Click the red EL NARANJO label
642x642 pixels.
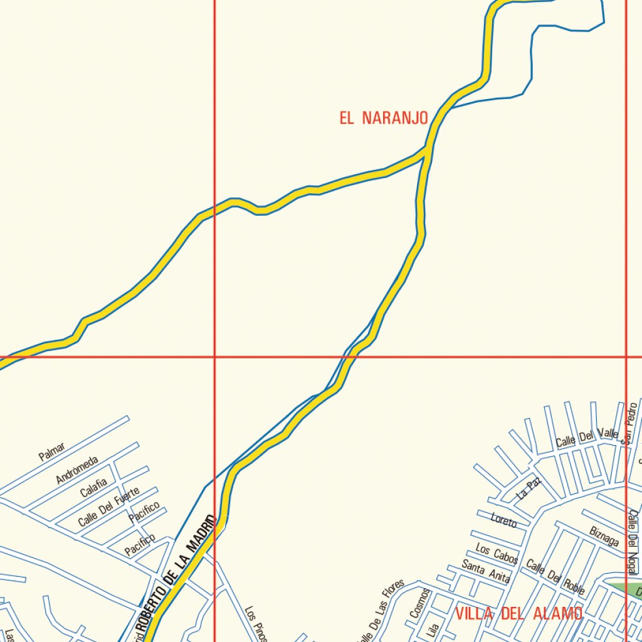point(384,118)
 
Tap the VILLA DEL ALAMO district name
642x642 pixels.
point(518,613)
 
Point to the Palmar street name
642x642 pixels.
point(51,451)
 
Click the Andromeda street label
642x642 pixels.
point(76,470)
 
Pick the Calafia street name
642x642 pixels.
point(93,487)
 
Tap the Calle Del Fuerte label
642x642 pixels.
point(108,507)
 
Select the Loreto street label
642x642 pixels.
point(503,520)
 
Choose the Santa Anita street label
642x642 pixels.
point(486,571)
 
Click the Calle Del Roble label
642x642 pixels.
point(555,577)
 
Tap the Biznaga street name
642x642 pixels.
point(604,536)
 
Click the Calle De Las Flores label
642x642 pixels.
point(381,611)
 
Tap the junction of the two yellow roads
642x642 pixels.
point(427,149)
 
